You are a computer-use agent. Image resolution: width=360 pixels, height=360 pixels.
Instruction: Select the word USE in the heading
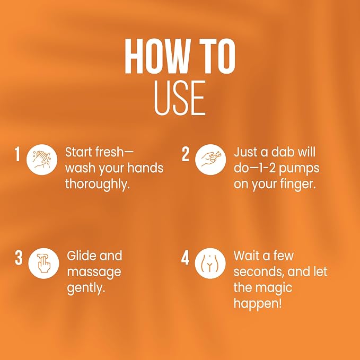pyautogui.click(x=180, y=98)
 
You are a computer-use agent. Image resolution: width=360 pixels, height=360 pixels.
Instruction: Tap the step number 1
pyautogui.click(x=17, y=154)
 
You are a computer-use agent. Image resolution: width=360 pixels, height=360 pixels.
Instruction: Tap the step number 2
pyautogui.click(x=186, y=154)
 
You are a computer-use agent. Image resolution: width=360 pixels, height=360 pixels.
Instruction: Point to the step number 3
pyautogui.click(x=19, y=258)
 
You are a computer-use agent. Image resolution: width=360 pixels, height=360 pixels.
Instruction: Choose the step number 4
pyautogui.click(x=185, y=258)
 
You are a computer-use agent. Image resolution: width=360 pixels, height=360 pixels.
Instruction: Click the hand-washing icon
pyautogui.click(x=42, y=160)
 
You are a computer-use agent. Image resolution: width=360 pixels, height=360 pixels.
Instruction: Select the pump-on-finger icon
pyautogui.click(x=210, y=160)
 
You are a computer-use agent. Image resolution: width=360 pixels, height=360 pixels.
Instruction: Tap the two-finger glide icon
pyautogui.click(x=43, y=264)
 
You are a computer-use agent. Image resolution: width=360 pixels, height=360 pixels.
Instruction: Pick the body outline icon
pyautogui.click(x=210, y=264)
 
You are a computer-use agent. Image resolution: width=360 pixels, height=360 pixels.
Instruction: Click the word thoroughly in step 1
pyautogui.click(x=98, y=185)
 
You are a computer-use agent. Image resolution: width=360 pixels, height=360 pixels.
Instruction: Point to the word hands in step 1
pyautogui.click(x=145, y=168)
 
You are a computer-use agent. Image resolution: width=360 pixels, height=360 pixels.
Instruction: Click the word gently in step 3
pyautogui.click(x=86, y=288)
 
